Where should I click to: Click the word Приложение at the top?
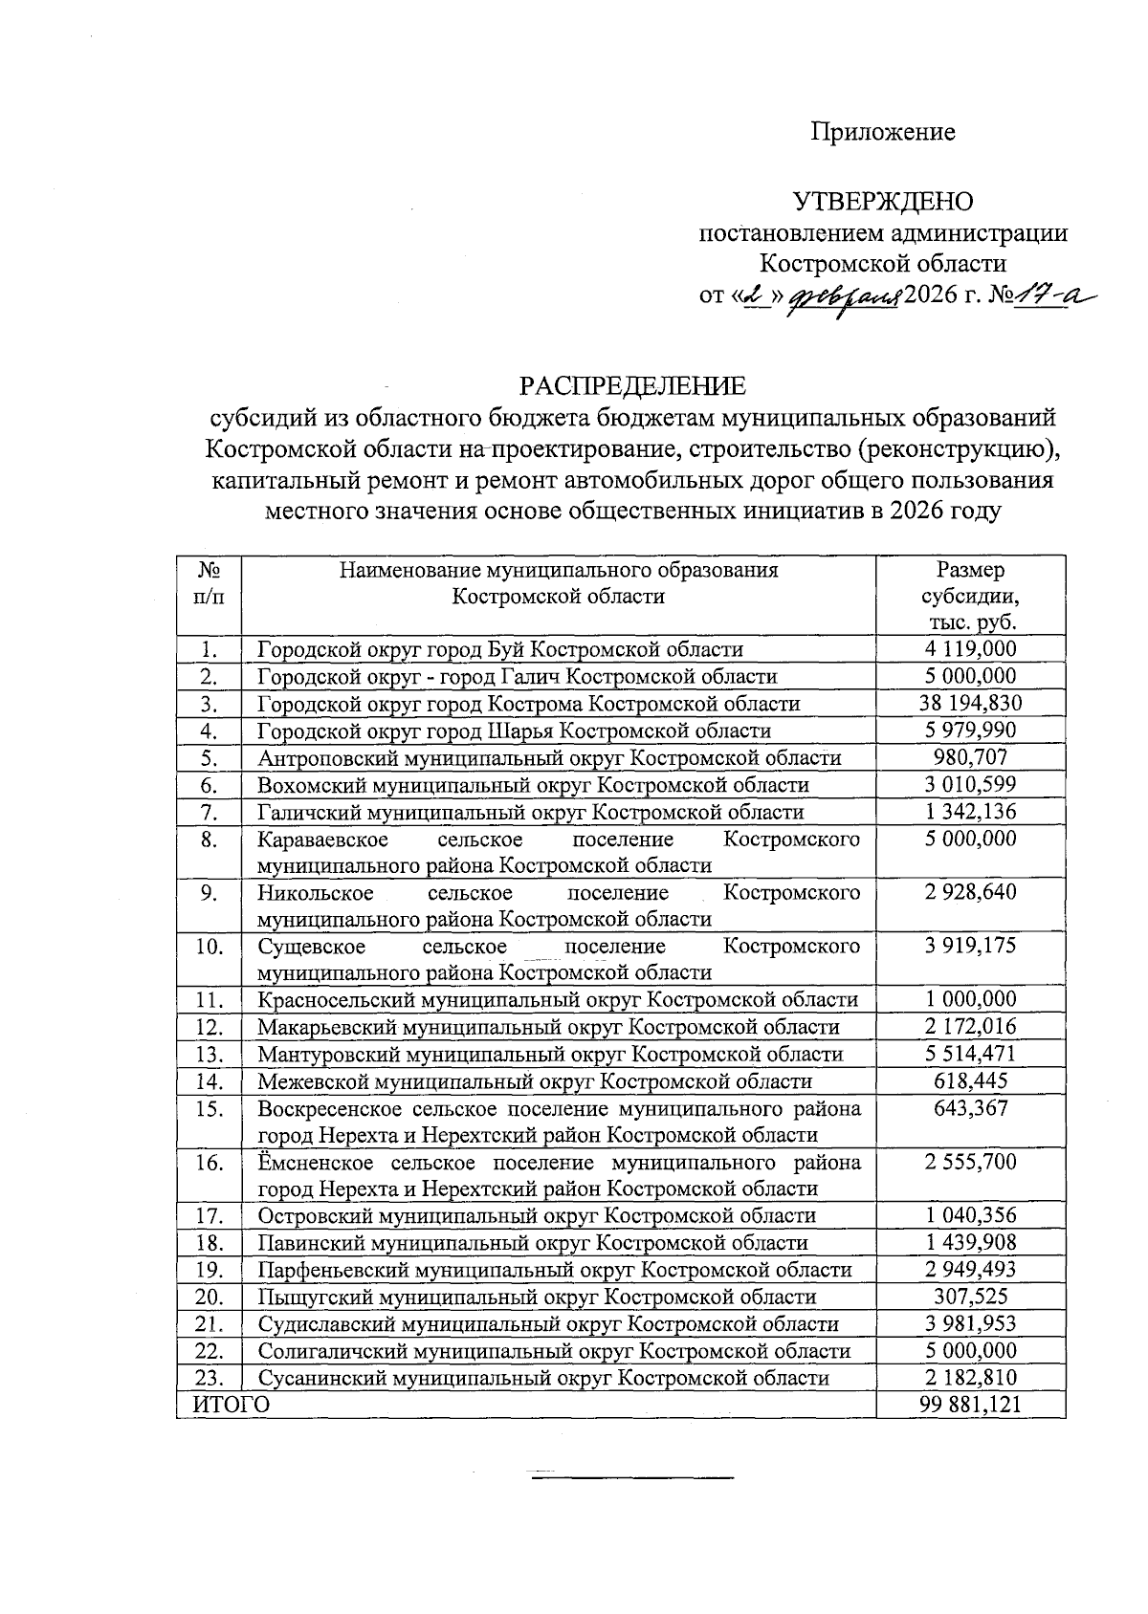(x=883, y=132)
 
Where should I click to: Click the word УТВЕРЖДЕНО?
(x=883, y=202)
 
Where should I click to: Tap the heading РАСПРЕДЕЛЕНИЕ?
(x=631, y=386)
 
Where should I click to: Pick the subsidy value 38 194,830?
(x=970, y=704)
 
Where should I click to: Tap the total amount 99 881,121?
(x=970, y=1405)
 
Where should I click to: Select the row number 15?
(x=210, y=1109)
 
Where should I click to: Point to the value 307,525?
(x=970, y=1298)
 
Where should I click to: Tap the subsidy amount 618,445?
(x=970, y=1081)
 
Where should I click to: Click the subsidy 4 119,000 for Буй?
(x=970, y=650)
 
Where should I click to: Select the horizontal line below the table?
(x=631, y=1478)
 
